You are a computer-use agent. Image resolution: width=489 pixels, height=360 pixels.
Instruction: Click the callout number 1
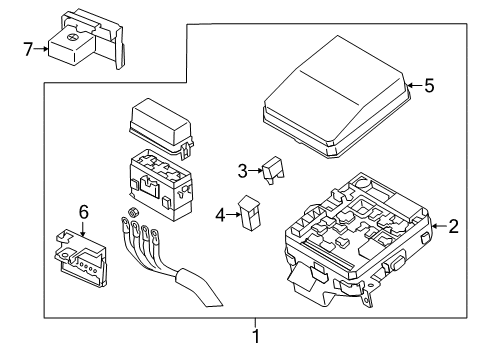coord(256,337)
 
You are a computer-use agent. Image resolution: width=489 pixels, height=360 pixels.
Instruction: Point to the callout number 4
coord(219,213)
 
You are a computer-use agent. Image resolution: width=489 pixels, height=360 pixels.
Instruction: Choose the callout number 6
coord(84,212)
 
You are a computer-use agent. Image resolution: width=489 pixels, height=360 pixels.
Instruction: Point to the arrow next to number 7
coord(45,47)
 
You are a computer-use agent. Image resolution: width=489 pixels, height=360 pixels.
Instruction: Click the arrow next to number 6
coord(84,228)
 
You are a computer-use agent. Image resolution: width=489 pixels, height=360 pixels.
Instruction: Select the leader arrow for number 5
coord(412,86)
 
